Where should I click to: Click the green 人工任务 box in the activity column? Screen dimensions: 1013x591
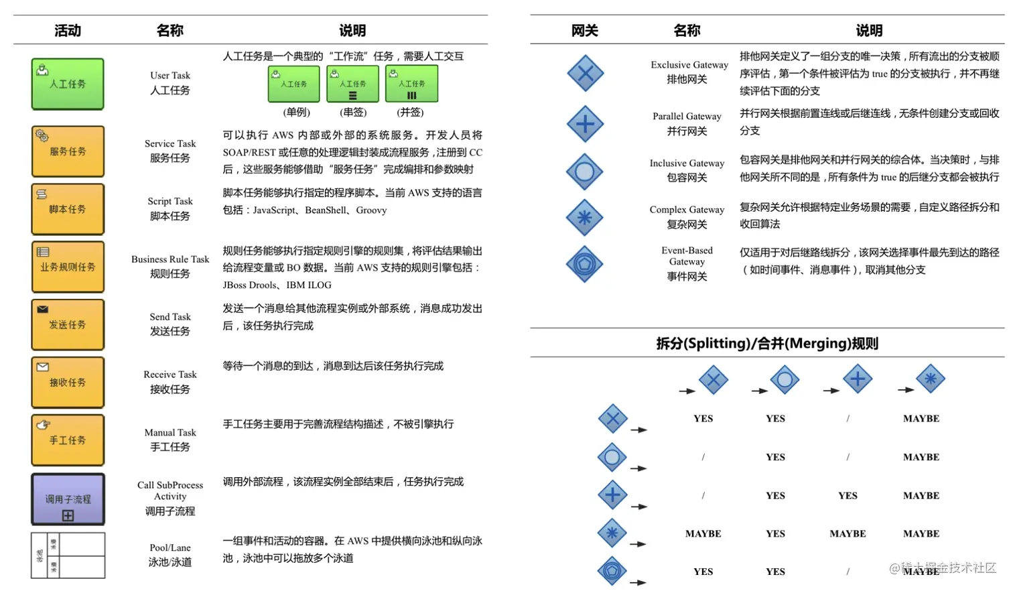point(68,84)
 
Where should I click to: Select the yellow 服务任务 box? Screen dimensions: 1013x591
point(68,151)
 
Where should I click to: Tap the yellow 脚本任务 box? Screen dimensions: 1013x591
point(68,209)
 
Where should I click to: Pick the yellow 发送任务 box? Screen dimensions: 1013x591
point(68,324)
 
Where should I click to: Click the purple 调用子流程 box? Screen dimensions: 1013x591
point(68,499)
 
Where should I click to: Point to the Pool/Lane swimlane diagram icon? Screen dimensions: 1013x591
point(68,555)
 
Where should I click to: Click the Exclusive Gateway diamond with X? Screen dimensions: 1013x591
point(585,73)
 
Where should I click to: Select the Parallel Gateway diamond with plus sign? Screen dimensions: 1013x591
point(585,124)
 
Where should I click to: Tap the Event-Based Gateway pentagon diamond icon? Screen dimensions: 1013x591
point(585,264)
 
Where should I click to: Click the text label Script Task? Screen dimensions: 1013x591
point(170,201)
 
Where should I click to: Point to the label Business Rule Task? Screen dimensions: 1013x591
point(170,259)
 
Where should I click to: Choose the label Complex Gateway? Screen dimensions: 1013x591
point(687,210)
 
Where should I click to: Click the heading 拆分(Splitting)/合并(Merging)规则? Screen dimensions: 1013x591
point(767,344)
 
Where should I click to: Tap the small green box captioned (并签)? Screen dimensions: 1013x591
point(411,84)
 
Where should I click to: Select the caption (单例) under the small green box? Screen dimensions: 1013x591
point(297,113)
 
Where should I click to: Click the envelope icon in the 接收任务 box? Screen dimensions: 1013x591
point(43,367)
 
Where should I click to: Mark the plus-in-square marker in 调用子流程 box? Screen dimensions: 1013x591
point(68,515)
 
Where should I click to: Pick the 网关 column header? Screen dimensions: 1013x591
point(584,31)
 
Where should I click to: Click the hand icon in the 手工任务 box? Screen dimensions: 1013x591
point(44,424)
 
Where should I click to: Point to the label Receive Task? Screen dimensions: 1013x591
point(170,375)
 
